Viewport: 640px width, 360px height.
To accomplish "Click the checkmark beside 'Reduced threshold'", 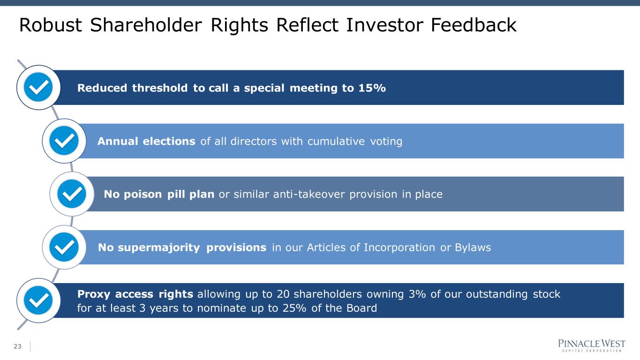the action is pos(38,87).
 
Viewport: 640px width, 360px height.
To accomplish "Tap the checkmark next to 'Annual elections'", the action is pos(64,141).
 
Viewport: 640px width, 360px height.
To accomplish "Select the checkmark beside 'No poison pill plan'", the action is pos(72,194).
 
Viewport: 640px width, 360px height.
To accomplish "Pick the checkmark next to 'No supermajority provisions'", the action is pos(64,247).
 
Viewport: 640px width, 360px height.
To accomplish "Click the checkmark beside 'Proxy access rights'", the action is pos(38,300).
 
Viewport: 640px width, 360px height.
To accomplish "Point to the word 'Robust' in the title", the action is pos(51,25).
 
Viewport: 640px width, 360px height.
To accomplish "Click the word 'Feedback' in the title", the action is pos(474,25).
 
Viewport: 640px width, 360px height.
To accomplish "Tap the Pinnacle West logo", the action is pos(592,345).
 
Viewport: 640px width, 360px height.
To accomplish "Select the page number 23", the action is pos(17,346).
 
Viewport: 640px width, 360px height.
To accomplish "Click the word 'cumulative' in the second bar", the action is pos(336,141).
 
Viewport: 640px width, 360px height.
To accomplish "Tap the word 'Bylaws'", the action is pos(473,247).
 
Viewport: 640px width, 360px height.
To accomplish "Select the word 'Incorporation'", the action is pos(399,247).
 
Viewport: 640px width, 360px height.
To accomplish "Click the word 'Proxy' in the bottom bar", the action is pos(94,294).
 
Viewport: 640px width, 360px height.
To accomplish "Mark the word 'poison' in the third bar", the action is pos(143,195).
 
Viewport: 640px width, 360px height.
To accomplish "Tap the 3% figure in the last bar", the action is pos(417,294).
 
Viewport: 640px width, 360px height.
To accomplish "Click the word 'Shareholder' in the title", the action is pos(146,25).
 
